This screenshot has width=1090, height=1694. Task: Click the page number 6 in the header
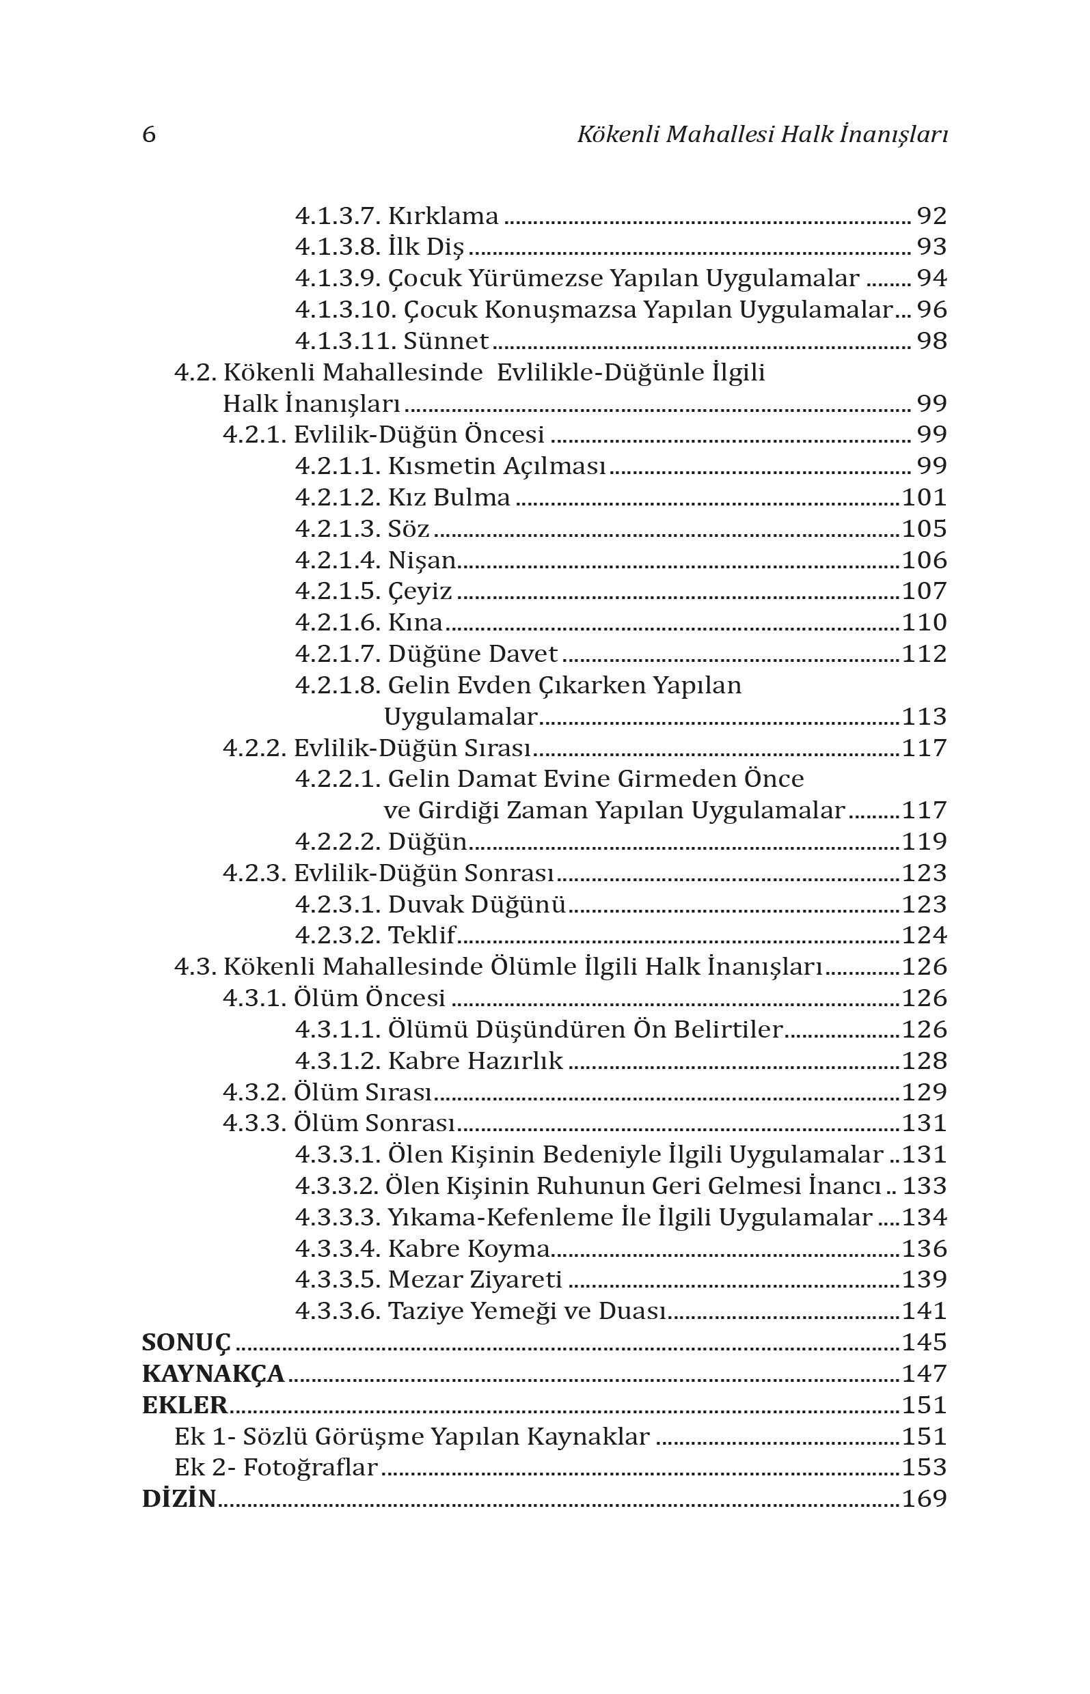pos(149,135)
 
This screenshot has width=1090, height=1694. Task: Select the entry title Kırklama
pos(443,217)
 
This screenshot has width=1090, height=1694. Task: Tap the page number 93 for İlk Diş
pos(931,247)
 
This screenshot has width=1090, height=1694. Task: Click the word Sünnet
pos(446,342)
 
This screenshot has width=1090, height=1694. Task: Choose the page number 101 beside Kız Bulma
pos(925,498)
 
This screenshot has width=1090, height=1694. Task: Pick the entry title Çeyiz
pos(420,592)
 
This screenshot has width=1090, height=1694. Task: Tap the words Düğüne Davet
pos(473,654)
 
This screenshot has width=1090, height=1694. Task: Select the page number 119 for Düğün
pos(925,842)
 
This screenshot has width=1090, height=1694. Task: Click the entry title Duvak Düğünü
pos(477,904)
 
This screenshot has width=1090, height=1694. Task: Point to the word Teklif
pos(422,936)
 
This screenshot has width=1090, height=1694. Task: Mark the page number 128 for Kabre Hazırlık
pos(925,1061)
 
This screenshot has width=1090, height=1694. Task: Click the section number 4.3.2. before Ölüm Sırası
pos(255,1092)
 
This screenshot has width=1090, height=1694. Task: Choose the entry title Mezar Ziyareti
pos(475,1279)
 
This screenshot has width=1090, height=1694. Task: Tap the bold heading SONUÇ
pos(186,1342)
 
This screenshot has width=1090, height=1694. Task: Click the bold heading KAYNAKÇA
pos(213,1374)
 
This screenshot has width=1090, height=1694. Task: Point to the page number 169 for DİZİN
pos(925,1499)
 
